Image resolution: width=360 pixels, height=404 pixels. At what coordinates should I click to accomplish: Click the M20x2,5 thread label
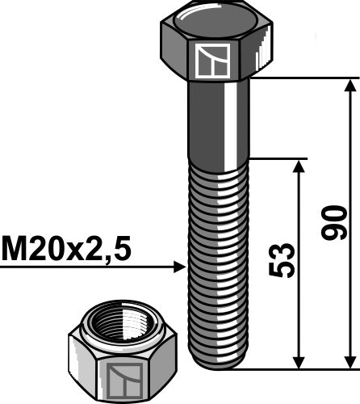tap(66, 248)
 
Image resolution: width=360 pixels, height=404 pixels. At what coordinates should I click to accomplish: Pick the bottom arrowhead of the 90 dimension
tap(350, 360)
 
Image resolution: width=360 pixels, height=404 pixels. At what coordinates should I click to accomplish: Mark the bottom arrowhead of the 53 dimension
tap(299, 360)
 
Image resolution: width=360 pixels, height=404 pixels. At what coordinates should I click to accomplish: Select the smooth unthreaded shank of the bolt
tap(216, 121)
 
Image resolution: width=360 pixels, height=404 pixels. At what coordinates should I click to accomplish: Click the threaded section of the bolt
tap(216, 259)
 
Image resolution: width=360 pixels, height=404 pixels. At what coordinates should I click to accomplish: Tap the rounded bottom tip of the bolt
tap(216, 362)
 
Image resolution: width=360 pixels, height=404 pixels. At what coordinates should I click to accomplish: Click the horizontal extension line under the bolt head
tap(303, 78)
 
